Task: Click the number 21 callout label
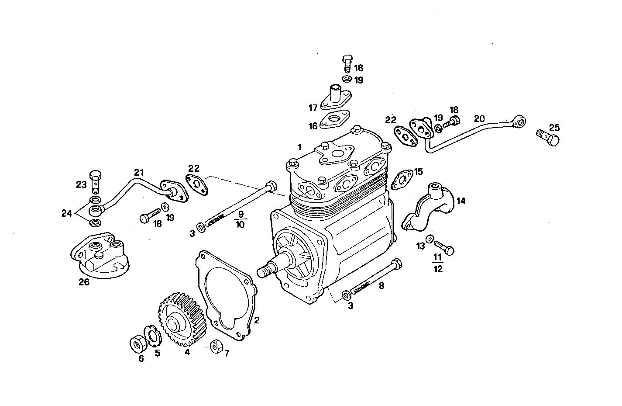coord(139,173)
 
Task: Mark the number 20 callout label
coord(479,119)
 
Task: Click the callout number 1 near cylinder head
coord(299,147)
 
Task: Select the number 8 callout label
coord(381,286)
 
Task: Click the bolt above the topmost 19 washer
coord(347,63)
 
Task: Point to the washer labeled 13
coord(430,239)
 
